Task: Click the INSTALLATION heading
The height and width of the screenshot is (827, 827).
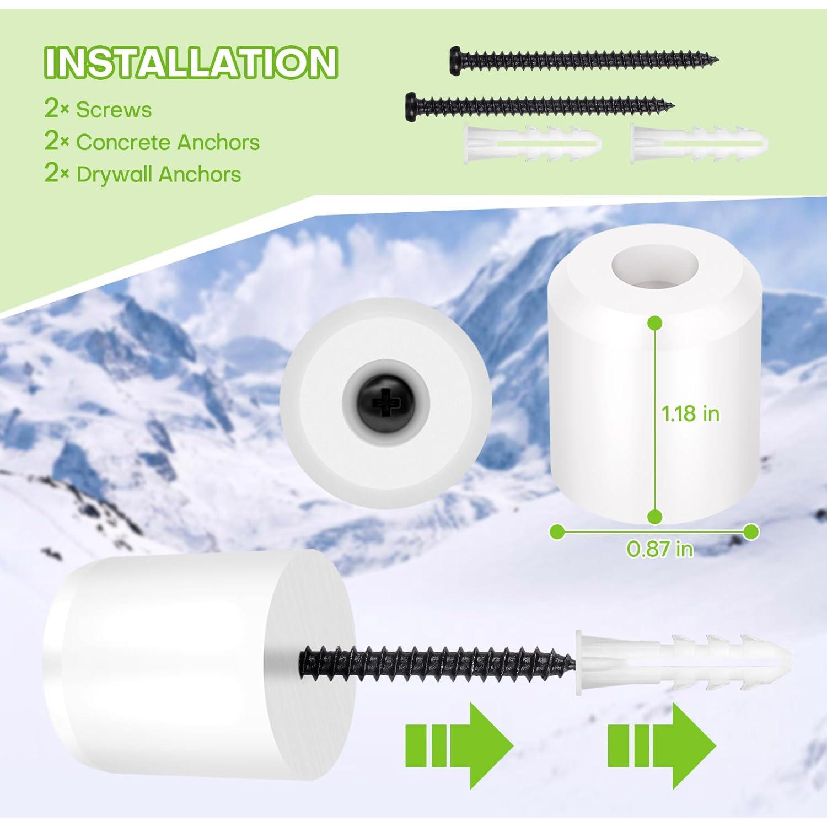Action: [x=190, y=62]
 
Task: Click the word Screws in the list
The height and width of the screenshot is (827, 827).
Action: [x=114, y=110]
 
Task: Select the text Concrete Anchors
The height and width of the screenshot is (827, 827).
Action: [x=168, y=142]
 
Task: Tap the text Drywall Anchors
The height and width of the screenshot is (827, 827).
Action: [x=158, y=174]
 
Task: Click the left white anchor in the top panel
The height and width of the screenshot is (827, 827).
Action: [x=533, y=143]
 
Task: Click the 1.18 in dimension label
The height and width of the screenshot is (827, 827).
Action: [x=690, y=413]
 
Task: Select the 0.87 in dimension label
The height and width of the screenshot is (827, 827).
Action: [x=659, y=549]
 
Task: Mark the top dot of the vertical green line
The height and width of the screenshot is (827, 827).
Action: [x=654, y=323]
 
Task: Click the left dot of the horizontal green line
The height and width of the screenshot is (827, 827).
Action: [x=557, y=532]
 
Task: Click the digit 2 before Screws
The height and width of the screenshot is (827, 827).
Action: [x=51, y=109]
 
